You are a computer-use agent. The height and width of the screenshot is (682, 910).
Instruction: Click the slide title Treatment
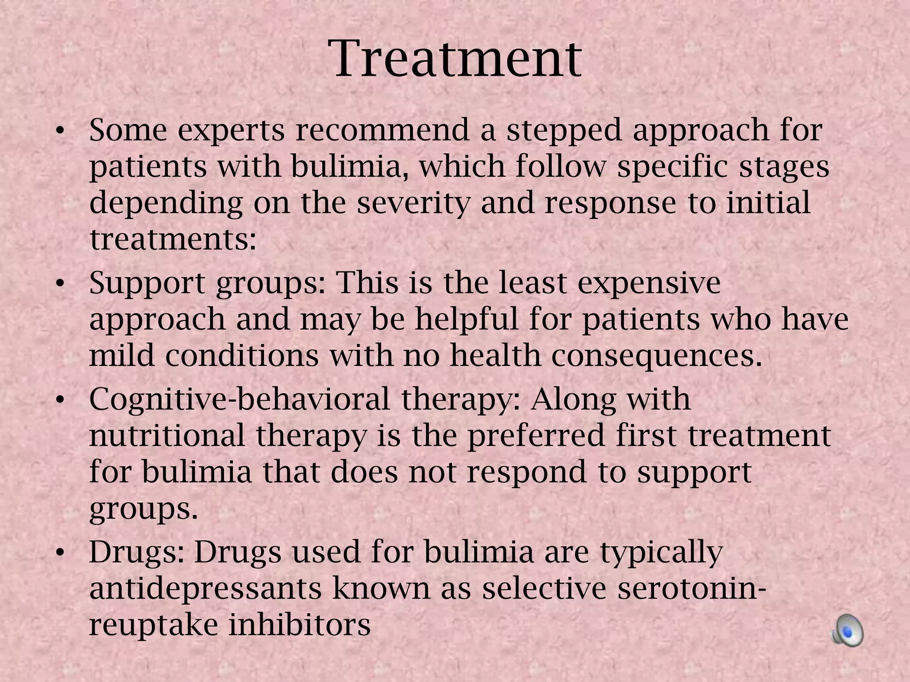tap(457, 59)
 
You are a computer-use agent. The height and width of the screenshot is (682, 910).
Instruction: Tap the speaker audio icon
tap(847, 630)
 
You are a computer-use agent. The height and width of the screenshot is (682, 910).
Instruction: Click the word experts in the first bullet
tap(231, 131)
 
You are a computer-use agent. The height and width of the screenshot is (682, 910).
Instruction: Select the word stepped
tap(564, 131)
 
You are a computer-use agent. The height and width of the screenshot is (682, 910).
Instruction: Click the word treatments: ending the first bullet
tap(173, 239)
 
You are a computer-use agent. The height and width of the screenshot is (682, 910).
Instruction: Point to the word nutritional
tap(167, 436)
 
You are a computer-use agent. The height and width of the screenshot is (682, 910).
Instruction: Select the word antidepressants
tap(205, 589)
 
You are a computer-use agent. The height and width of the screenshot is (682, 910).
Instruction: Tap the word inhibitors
tap(299, 625)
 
